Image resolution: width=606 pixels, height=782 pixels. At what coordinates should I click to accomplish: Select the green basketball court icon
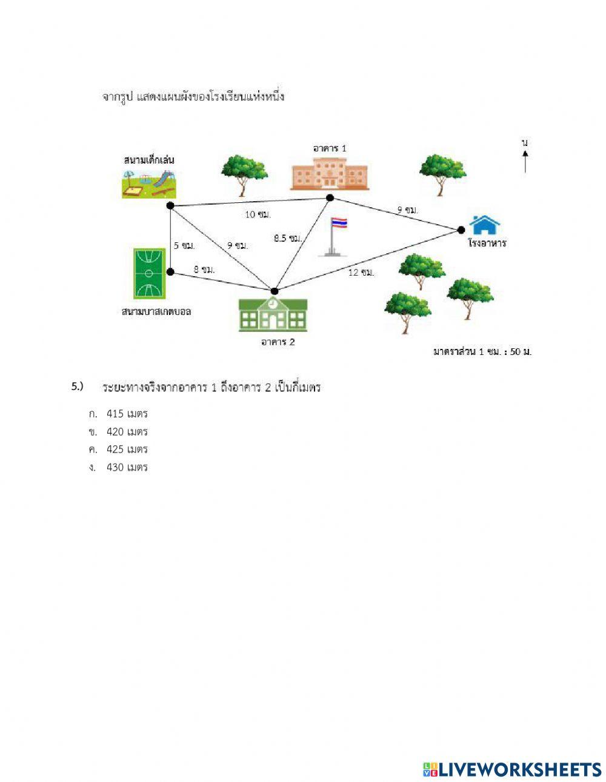coord(148,273)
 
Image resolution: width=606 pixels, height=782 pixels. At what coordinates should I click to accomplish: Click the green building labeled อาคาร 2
coord(273,314)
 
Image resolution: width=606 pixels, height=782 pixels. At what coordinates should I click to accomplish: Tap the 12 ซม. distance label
coord(361,273)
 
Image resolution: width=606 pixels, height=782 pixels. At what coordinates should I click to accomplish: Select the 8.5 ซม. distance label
coord(287,239)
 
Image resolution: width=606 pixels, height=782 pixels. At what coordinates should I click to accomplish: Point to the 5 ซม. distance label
coord(184,245)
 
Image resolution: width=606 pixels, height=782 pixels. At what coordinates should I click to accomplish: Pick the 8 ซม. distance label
coord(204,269)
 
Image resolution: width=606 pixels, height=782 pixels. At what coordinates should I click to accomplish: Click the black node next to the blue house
coord(461,230)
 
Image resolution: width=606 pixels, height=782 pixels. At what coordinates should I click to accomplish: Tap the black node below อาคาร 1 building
coord(330,198)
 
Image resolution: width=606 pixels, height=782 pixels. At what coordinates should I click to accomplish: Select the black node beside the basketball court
coord(171,271)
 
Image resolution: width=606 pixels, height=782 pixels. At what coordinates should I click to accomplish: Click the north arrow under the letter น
coord(525,162)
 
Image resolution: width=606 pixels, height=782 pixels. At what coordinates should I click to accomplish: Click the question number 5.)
coord(77,386)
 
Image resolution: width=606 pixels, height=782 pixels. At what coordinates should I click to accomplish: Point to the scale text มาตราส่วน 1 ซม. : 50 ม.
coord(482,352)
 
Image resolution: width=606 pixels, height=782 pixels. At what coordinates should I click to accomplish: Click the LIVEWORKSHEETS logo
coord(512,769)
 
